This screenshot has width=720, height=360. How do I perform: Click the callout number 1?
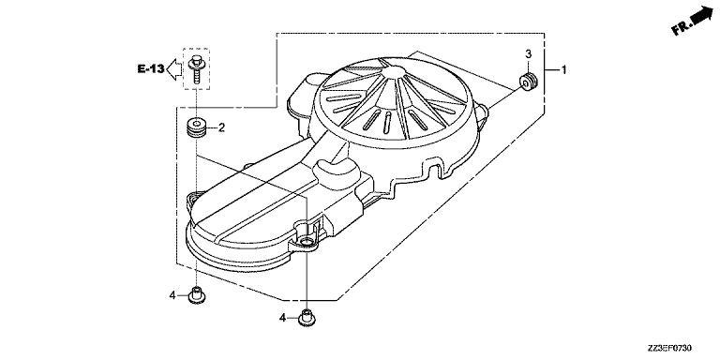tap(564, 70)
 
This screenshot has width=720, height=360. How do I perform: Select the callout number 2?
tap(221, 127)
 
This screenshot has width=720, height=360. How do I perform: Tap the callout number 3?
tap(529, 53)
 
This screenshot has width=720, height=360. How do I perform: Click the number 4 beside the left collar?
tap(172, 295)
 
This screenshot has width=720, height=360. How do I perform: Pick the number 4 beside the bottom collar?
tap(283, 317)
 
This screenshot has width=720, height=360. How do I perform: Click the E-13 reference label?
tap(151, 69)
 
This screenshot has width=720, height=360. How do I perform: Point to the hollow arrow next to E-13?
tap(173, 69)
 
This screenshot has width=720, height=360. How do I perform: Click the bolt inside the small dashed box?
tap(197, 68)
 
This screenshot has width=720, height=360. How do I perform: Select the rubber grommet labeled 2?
tap(197, 127)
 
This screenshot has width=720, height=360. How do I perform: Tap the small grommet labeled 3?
tap(528, 82)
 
